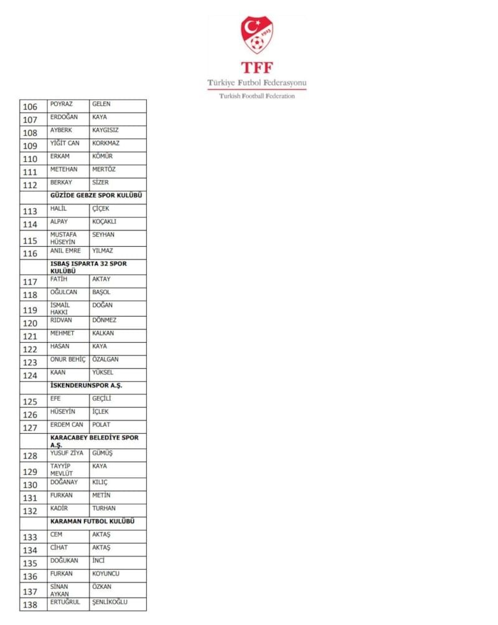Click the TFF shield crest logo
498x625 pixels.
[257, 35]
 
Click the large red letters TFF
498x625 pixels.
[257, 68]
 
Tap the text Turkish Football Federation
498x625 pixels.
[257, 96]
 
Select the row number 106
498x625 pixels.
[30, 107]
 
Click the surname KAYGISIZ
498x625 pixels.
[105, 130]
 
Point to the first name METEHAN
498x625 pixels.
[63, 169]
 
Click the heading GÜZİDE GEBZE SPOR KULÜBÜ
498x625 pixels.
[96, 196]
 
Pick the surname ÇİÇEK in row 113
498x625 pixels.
[100, 209]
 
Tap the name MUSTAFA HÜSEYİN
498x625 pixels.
[63, 238]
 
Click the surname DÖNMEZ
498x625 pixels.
[104, 320]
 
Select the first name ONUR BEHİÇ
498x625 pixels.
[68, 360]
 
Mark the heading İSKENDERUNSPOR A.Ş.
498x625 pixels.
[86, 386]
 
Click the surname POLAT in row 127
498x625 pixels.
[101, 425]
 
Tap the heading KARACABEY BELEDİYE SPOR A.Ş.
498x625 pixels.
[94, 441]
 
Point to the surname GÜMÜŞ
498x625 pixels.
[102, 453]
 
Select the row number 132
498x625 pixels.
[30, 511]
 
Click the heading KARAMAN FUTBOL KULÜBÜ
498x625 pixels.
[92, 522]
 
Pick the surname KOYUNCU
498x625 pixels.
[106, 573]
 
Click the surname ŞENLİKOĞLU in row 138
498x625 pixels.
[111, 602]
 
